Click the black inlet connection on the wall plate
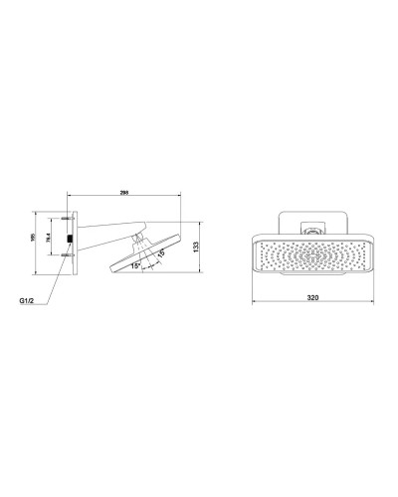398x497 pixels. click(68, 240)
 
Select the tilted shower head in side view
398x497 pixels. click(149, 250)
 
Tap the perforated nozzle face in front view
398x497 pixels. click(311, 257)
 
